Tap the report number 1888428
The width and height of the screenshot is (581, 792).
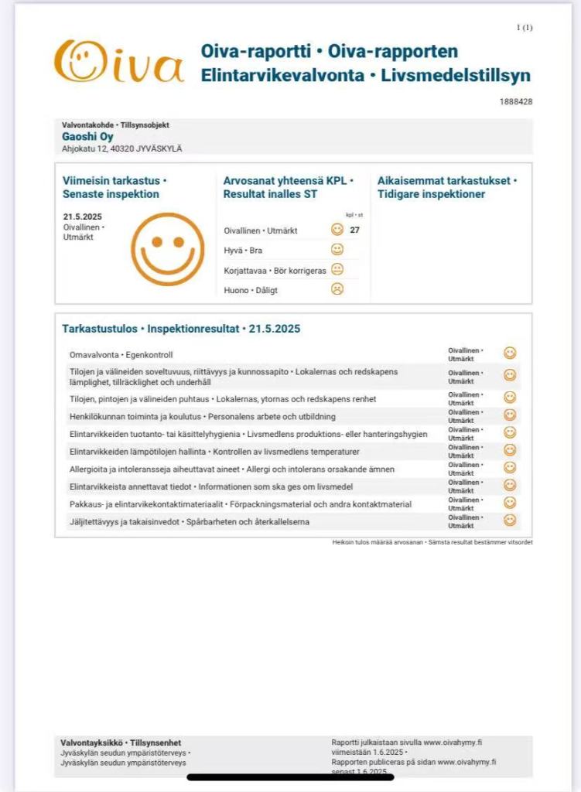pyautogui.click(x=516, y=101)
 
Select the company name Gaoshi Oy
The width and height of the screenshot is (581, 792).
pyautogui.click(x=87, y=137)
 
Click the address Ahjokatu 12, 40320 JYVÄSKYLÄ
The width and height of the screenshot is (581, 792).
pyautogui.click(x=122, y=148)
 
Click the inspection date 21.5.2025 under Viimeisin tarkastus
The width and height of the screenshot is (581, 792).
pyautogui.click(x=83, y=217)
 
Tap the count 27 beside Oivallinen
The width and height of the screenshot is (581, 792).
pyautogui.click(x=355, y=230)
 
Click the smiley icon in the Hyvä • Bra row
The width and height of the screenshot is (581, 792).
pyautogui.click(x=337, y=250)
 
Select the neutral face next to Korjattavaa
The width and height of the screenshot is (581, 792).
pyautogui.click(x=337, y=269)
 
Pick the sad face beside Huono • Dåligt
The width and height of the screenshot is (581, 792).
pyautogui.click(x=337, y=289)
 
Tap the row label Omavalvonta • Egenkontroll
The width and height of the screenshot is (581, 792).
pyautogui.click(x=121, y=354)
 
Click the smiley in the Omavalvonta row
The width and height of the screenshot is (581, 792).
pyautogui.click(x=510, y=353)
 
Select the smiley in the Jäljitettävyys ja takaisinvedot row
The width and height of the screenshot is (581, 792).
pyautogui.click(x=510, y=521)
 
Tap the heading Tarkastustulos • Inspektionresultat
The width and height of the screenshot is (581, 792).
pyautogui.click(x=180, y=329)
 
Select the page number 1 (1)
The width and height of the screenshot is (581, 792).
pyautogui.click(x=525, y=28)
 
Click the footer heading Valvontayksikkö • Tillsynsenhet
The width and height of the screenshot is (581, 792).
pyautogui.click(x=121, y=742)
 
